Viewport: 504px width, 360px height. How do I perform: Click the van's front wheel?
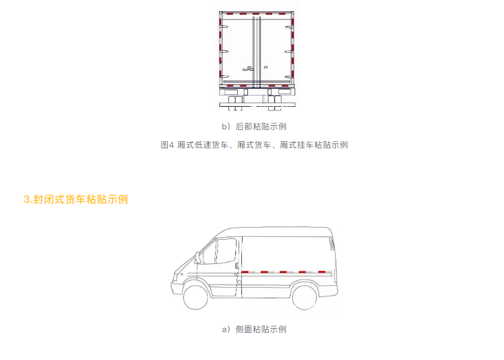click(x=196, y=297)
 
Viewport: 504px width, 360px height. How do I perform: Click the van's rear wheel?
click(x=305, y=297)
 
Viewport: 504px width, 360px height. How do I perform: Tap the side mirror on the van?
click(x=197, y=258)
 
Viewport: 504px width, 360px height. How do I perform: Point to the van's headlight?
click(x=176, y=277)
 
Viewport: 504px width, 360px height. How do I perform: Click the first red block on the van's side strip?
click(x=245, y=272)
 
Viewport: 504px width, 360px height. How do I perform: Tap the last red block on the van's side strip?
click(x=321, y=272)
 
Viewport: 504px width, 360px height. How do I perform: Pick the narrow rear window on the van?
click(x=332, y=244)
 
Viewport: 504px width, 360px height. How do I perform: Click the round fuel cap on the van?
click(x=239, y=282)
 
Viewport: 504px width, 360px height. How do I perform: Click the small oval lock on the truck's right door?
click(x=266, y=67)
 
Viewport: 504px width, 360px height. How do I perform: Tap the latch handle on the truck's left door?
click(x=248, y=68)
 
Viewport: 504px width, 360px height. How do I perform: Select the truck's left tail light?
click(x=231, y=92)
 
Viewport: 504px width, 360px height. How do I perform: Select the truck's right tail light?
click(x=285, y=92)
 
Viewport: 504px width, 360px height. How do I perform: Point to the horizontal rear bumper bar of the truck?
click(x=257, y=104)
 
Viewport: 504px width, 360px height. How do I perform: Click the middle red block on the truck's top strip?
click(x=256, y=14)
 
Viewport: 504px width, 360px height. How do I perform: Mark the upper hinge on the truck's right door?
click(x=289, y=27)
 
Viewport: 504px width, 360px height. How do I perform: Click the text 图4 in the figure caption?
click(x=167, y=145)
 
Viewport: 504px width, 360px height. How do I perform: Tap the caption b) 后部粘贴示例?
click(x=254, y=126)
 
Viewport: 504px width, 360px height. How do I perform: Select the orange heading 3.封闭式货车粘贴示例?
click(x=76, y=199)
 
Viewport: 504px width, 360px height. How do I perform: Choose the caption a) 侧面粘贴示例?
click(x=254, y=329)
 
